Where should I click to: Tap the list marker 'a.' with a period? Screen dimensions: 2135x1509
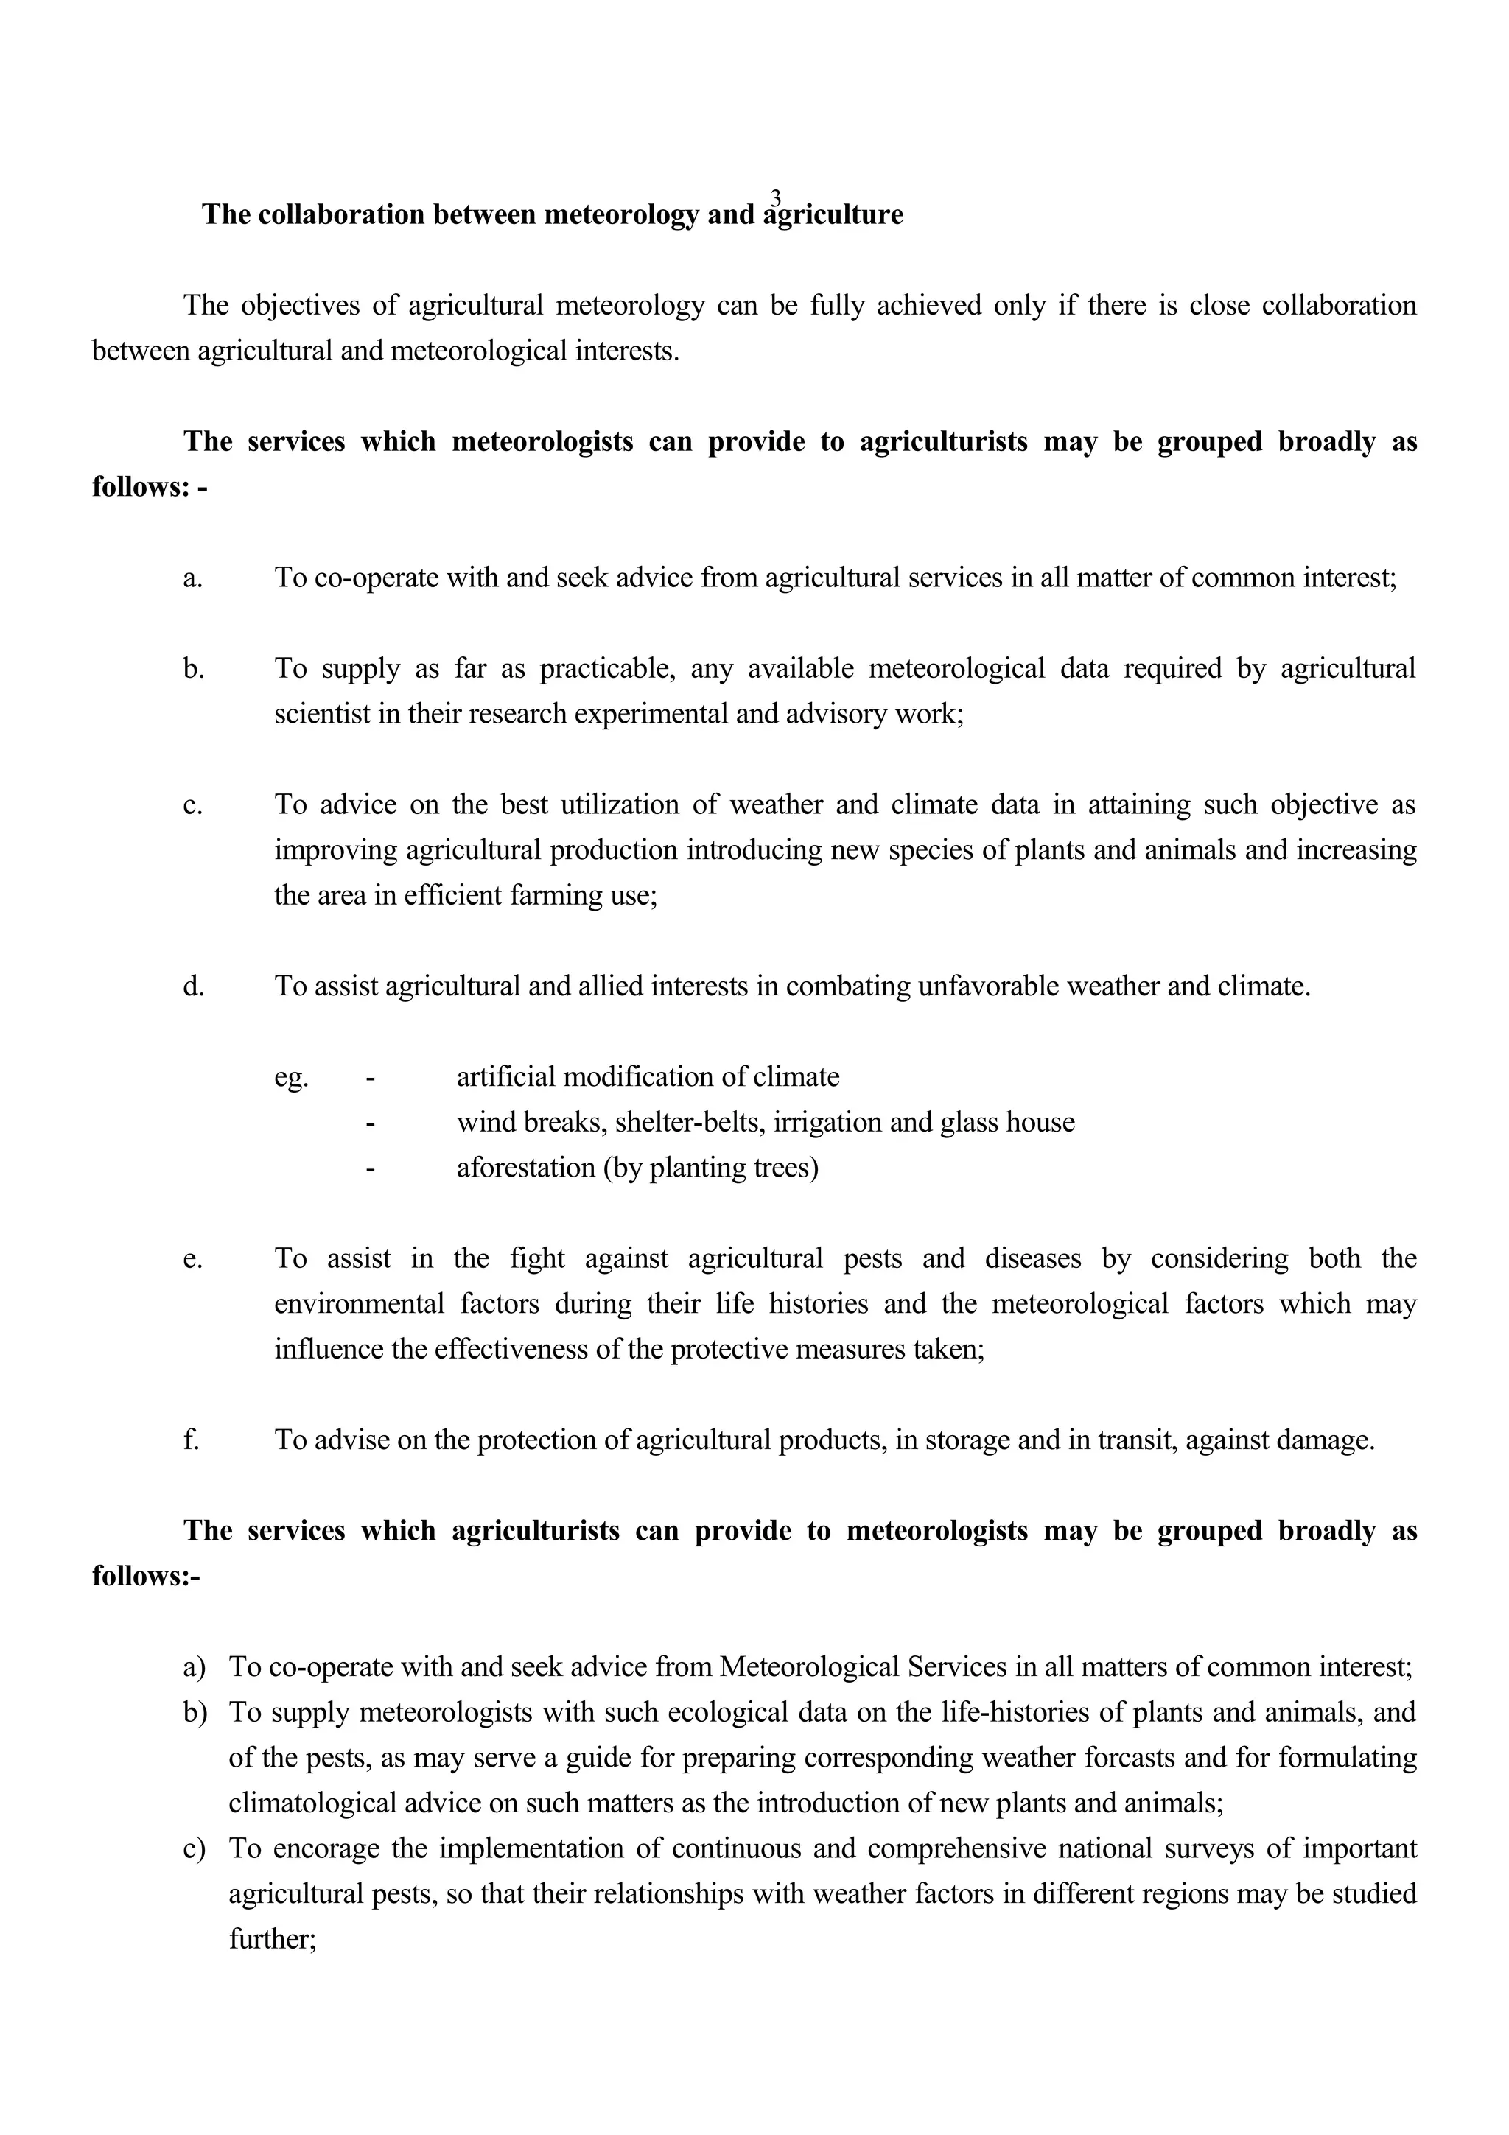192,578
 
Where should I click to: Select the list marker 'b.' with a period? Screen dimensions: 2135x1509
193,669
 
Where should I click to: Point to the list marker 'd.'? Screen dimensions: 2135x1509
193,986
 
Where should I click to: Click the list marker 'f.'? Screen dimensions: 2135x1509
191,1440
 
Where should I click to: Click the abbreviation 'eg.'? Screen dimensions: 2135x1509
291,1078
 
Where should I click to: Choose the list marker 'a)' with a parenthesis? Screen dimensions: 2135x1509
195,1666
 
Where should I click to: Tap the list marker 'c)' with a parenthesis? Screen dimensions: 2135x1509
195,1848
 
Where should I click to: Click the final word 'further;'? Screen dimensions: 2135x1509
273,1939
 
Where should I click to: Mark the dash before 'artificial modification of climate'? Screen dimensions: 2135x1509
370,1079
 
